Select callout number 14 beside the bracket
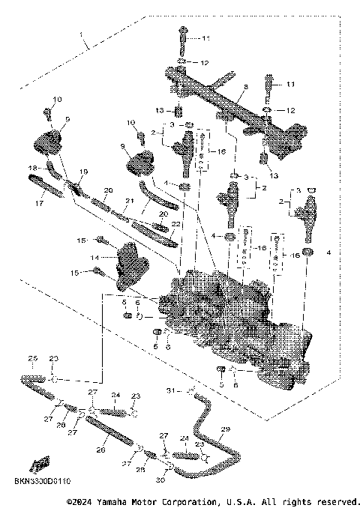coord(95,257)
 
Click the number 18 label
coord(32,167)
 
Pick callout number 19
coord(83,172)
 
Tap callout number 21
coord(129,200)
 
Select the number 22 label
coord(176,224)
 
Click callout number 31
coord(169,390)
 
